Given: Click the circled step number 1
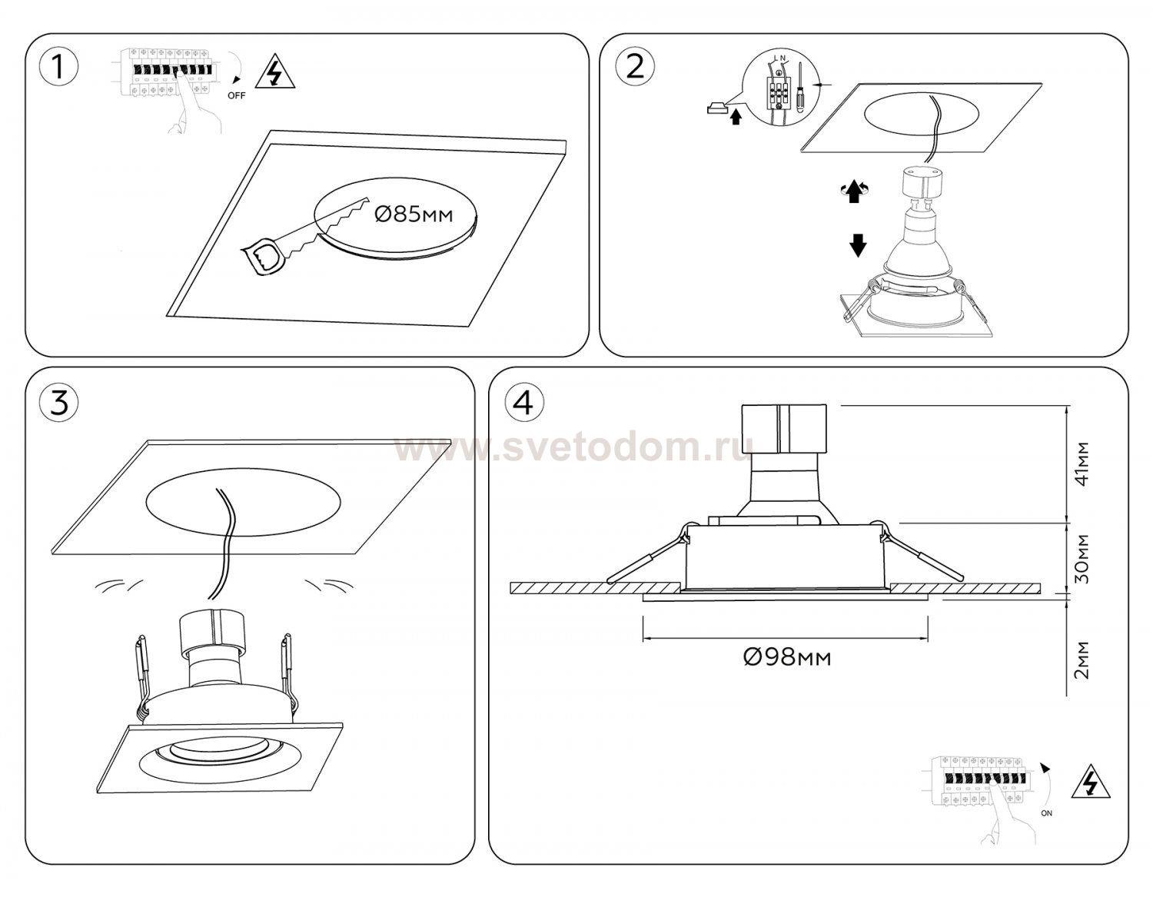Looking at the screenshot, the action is (x=58, y=68).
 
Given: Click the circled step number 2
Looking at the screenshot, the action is (x=635, y=68).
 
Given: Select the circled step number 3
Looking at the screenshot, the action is (x=59, y=402).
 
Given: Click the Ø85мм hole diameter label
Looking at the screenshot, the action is (x=414, y=214).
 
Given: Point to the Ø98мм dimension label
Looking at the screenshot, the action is (x=787, y=658).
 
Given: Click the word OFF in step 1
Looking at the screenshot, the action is (x=236, y=96).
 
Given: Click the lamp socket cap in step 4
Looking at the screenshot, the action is (x=784, y=429).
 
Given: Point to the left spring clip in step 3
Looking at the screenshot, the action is (x=143, y=678).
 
